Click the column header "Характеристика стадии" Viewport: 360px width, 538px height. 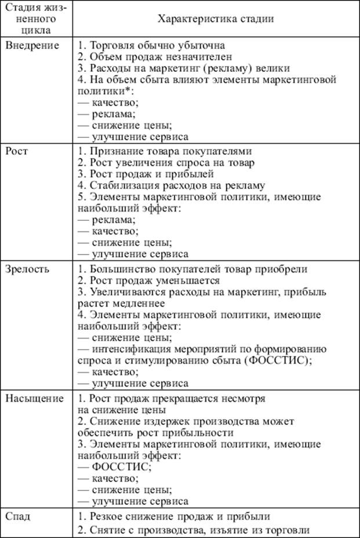tap(216, 19)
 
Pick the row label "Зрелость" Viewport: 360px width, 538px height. tap(28, 269)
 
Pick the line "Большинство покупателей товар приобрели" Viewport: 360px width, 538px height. tap(192, 269)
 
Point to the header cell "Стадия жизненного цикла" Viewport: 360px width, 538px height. tap(37, 19)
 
